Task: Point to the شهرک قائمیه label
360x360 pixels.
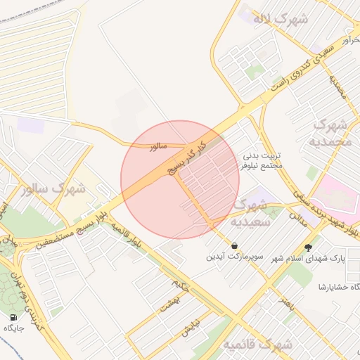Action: tap(258, 345)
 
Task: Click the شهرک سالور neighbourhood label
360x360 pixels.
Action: tap(53, 188)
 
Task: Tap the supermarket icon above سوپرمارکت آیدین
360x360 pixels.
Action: tap(234, 245)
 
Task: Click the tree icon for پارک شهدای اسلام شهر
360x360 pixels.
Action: tap(308, 247)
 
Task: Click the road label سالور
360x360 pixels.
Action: tap(158, 146)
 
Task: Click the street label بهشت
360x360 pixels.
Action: tap(169, 303)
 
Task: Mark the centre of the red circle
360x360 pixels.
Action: tap(180, 179)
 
